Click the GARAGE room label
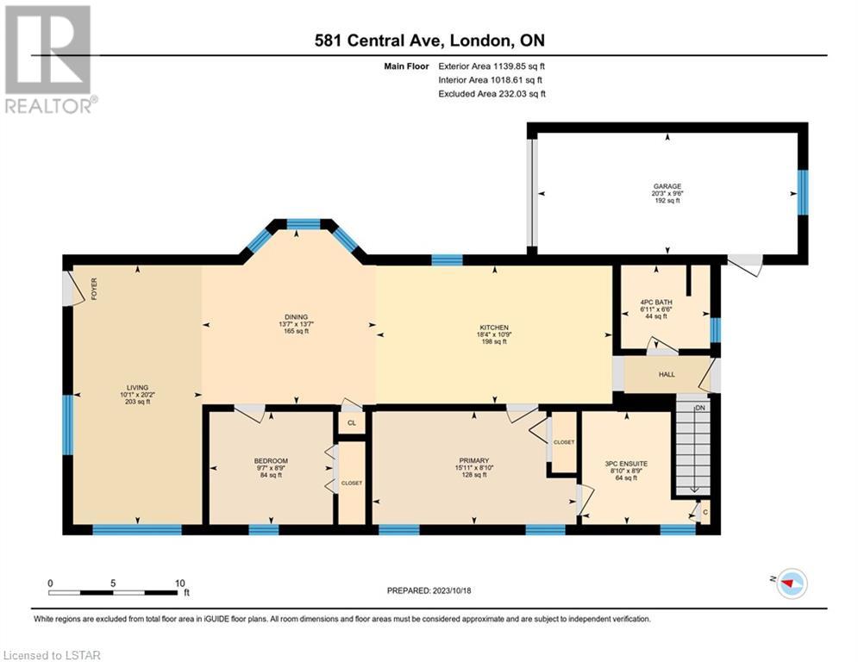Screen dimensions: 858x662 click(x=667, y=186)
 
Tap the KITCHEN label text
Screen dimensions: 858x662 click(x=494, y=328)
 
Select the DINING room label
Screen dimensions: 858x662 click(x=296, y=316)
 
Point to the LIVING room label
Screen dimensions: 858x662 click(x=137, y=387)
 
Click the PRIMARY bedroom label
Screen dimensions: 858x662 click(x=474, y=460)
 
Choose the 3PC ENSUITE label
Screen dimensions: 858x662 click(x=626, y=464)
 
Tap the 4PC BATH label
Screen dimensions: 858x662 click(x=656, y=302)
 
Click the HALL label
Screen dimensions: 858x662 click(x=667, y=374)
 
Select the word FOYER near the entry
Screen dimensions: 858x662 click(x=94, y=288)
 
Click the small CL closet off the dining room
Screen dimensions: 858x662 click(x=352, y=423)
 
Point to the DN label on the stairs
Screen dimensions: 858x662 click(x=700, y=408)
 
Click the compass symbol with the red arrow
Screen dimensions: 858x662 click(x=792, y=584)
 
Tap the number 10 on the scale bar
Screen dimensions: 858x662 click(x=180, y=584)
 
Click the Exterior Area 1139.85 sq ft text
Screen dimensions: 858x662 click(x=492, y=66)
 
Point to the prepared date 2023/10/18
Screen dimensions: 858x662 click(x=452, y=590)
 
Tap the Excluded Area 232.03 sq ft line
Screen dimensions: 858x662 click(x=492, y=94)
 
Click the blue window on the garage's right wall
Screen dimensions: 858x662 click(x=802, y=192)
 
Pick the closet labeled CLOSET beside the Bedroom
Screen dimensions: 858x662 click(x=352, y=482)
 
